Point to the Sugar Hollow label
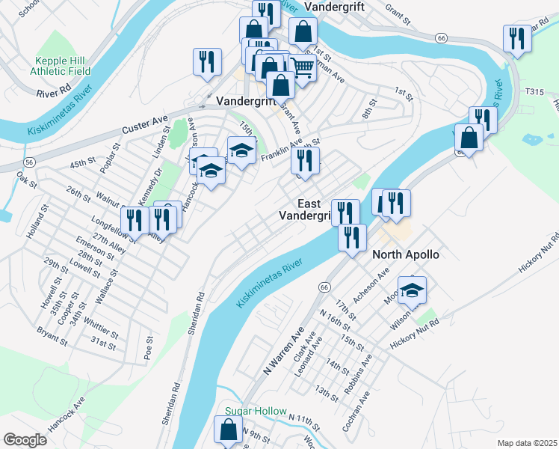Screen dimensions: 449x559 coord(256,412)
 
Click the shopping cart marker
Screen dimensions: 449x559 coord(302,69)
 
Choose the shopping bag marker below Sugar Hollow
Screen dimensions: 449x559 coord(228,430)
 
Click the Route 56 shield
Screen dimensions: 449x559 coord(29,162)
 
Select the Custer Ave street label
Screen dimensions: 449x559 coord(146,120)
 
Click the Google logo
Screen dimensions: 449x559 coord(25,440)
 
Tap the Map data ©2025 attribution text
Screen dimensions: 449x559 coord(527,443)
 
